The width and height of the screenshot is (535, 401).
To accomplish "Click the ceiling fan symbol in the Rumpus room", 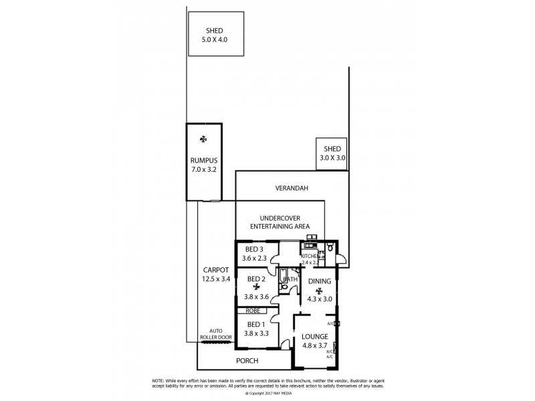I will tap(203, 140).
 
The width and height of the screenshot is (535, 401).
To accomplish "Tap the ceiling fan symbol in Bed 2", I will tap(256, 287).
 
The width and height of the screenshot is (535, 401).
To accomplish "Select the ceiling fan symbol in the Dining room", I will tap(319, 291).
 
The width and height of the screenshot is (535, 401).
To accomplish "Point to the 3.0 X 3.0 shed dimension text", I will tap(332, 158).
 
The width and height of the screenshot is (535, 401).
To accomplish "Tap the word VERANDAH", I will tap(292, 188).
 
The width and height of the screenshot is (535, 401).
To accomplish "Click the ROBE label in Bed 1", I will tap(253, 311).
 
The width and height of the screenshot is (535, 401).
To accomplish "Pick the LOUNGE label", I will tap(314, 336).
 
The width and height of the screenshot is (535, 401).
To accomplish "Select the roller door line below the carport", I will tap(215, 342).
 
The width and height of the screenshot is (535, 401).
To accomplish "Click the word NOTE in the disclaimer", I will tap(160, 380).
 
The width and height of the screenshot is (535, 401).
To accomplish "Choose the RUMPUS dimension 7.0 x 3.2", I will tap(203, 170).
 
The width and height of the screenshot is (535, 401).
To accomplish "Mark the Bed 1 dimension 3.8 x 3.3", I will tap(257, 333).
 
